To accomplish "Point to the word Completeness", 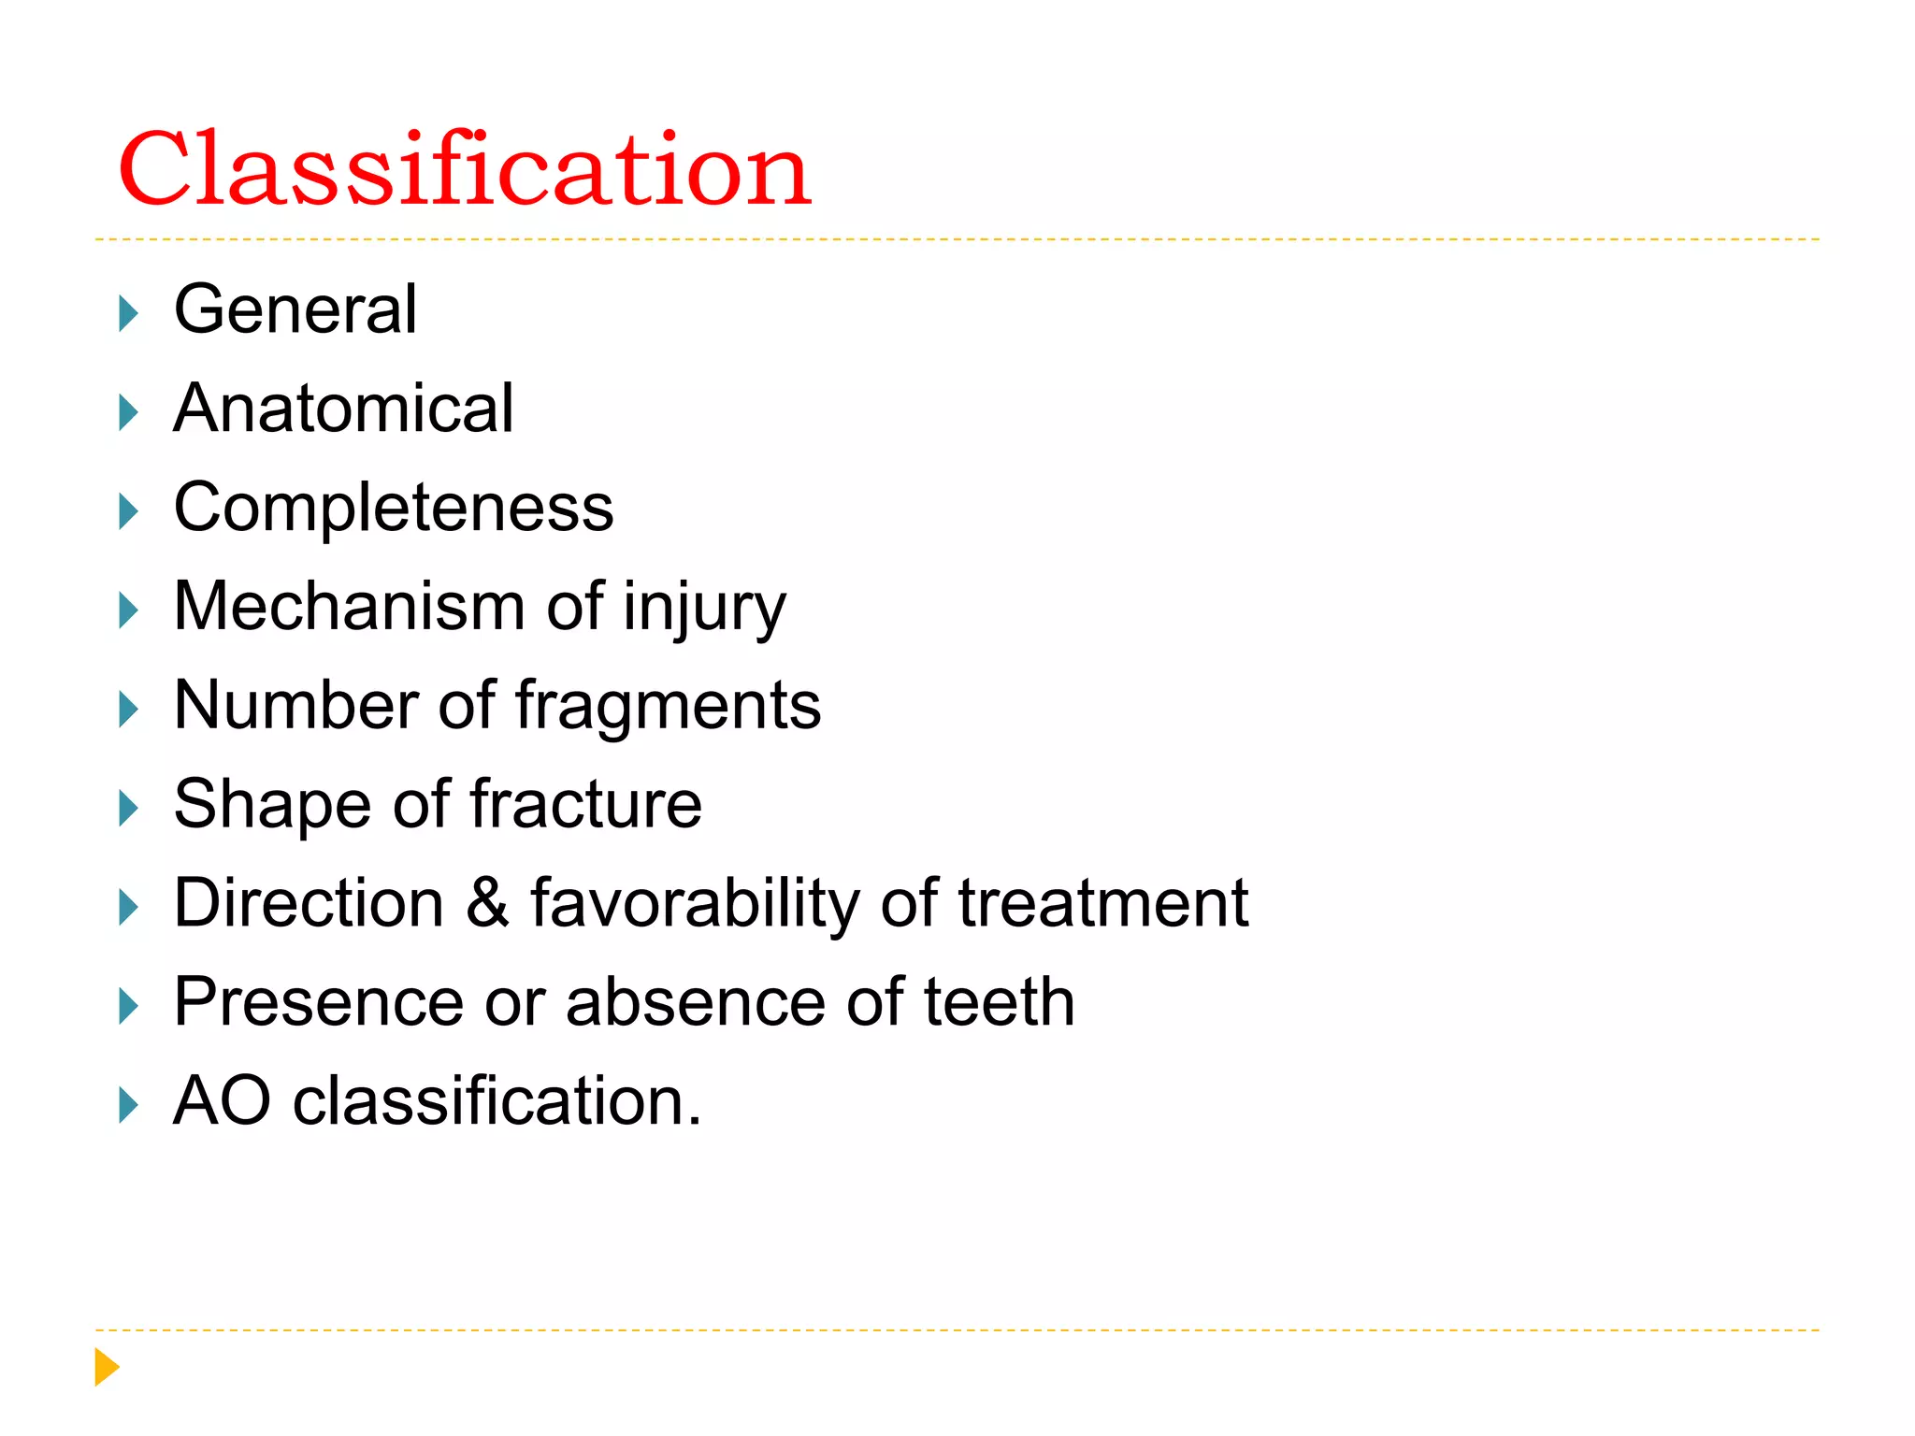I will point(394,508).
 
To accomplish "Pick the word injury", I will point(704,610).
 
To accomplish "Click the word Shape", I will point(272,806).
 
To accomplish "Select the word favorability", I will point(695,905).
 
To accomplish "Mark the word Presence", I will point(318,1002).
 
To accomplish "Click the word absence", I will point(696,1002).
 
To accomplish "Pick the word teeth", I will point(999,1002).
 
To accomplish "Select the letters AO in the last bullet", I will point(223,1100).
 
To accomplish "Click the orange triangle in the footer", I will point(107,1367).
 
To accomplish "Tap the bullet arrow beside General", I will point(128,313).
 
